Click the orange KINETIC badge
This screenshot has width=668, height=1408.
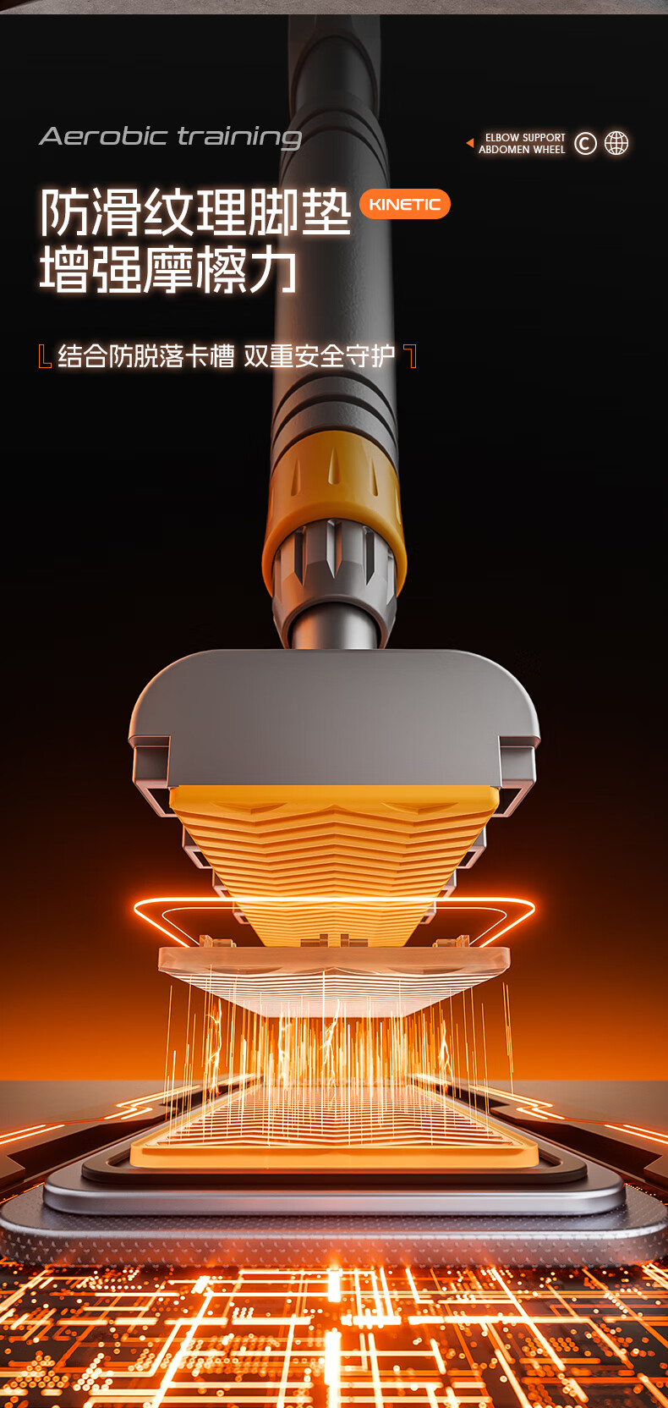(x=405, y=204)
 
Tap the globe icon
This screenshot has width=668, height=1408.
(x=616, y=143)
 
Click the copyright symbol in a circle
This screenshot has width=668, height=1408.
(x=585, y=143)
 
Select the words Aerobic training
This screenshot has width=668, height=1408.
(x=170, y=137)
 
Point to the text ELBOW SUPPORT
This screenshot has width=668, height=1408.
(x=525, y=138)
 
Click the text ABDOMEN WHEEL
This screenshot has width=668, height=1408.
(x=522, y=150)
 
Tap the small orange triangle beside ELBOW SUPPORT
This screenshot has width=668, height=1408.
(x=470, y=143)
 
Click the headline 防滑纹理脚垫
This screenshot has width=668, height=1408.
(x=195, y=212)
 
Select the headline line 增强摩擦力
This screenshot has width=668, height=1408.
(x=168, y=270)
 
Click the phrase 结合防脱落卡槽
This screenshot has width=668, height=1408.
(x=145, y=355)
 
